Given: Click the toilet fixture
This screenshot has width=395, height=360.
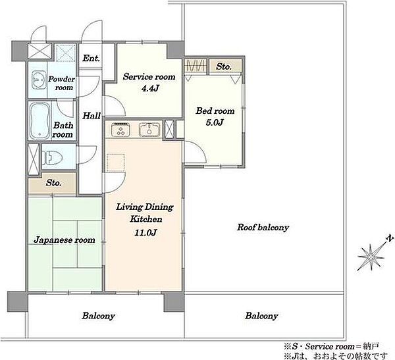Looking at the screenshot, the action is click(52, 158).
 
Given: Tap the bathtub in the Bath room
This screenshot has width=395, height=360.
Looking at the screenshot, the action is click(39, 120).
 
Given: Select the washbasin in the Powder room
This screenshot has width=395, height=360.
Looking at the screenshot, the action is click(39, 80).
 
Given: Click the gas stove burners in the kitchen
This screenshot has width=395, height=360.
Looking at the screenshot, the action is click(120, 130).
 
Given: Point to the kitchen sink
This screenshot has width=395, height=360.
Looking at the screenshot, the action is click(149, 130).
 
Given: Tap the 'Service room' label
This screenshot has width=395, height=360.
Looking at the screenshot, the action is click(149, 76).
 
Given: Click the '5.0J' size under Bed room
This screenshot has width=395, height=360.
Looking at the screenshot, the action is click(215, 122).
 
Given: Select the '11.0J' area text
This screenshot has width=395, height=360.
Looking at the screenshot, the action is click(145, 232).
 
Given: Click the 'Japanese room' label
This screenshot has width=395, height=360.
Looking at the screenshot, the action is click(65, 240).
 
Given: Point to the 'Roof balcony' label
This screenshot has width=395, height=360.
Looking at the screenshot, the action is click(263, 227).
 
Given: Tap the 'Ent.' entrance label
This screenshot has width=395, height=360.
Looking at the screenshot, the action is click(92, 58).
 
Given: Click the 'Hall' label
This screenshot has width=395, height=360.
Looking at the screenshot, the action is click(92, 116).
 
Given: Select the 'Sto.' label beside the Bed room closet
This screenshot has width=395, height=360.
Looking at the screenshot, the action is click(223, 66).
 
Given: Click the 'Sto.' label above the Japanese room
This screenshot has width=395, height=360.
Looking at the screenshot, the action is click(54, 183).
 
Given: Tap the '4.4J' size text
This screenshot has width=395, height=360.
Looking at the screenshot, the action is click(150, 88).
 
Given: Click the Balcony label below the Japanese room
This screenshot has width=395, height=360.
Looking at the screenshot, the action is click(99, 316).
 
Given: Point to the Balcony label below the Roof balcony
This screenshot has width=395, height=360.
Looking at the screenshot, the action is click(262, 316).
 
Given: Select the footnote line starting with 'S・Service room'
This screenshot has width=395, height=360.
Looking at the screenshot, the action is click(332, 347).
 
